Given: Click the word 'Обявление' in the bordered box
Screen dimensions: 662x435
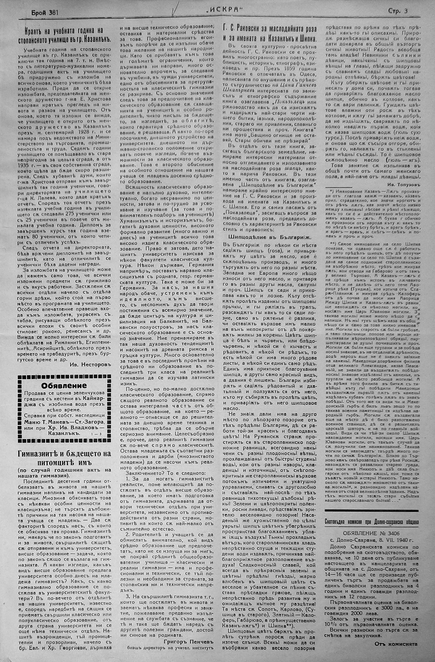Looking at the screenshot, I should click(x=64, y=386).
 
